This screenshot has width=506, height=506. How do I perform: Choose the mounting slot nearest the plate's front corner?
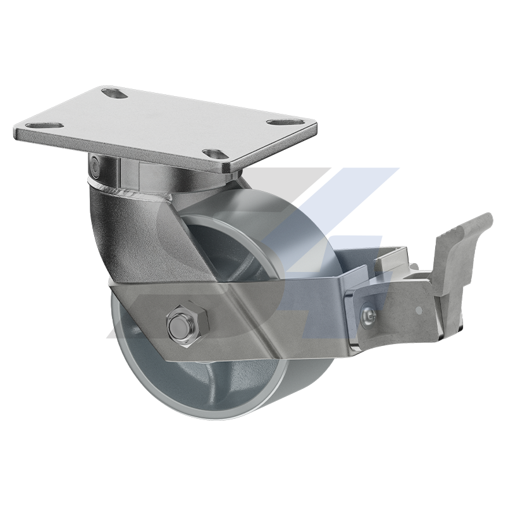tap(213, 153)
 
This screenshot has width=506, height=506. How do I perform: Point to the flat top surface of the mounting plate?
tap(158, 123)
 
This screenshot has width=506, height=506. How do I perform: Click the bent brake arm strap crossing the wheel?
tap(253, 310)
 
